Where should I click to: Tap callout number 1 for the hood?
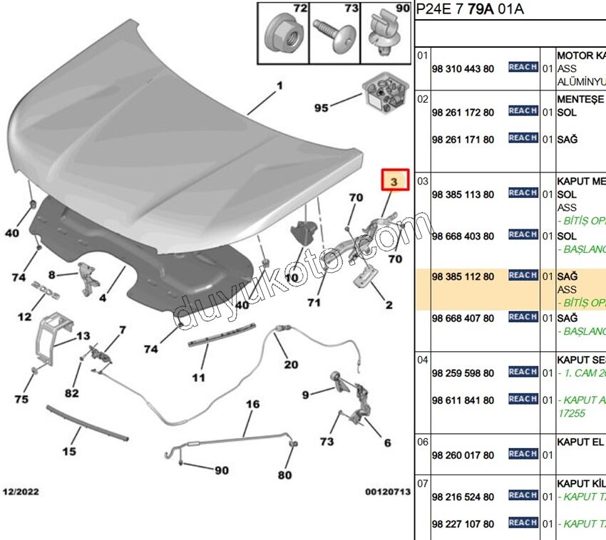(279, 85)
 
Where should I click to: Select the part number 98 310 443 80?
(463, 68)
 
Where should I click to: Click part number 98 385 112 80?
(463, 276)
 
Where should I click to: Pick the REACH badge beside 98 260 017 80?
(523, 454)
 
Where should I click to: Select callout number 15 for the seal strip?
(69, 450)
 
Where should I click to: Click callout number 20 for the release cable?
(291, 364)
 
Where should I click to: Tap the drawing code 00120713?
(389, 492)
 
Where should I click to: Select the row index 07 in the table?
(423, 483)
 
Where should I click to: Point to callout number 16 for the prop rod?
(253, 405)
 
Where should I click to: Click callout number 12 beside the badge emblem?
(25, 317)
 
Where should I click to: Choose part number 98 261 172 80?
(463, 113)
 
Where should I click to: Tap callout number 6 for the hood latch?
(387, 442)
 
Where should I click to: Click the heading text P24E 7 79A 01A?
(470, 9)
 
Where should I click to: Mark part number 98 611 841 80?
(463, 400)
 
